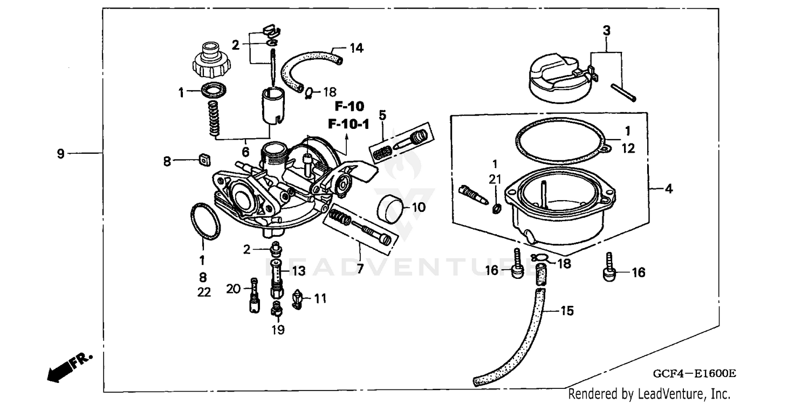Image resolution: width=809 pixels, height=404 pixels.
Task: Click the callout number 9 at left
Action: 61,154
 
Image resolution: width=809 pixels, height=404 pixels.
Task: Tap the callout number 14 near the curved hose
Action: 356,48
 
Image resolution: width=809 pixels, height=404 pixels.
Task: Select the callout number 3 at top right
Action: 607,31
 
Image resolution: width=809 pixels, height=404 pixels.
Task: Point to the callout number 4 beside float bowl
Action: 668,189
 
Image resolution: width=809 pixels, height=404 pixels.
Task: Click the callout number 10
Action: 419,207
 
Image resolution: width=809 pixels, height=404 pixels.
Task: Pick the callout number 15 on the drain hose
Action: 566,311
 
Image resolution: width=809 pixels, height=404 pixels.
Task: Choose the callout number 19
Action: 277,330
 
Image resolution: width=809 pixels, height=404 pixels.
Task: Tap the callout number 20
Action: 233,289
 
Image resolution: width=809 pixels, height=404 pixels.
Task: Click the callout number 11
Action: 320,298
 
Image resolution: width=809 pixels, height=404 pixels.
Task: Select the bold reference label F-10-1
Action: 348,125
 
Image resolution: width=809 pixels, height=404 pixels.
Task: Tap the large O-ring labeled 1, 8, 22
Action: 205,221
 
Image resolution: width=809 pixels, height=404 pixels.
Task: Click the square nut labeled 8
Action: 204,159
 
